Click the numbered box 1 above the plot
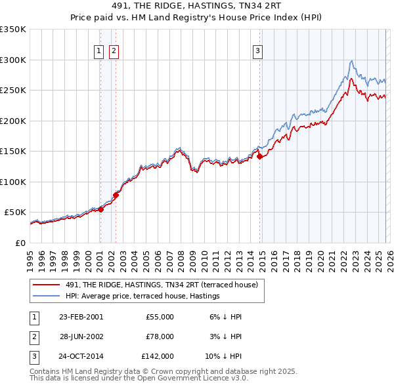tap(98, 51)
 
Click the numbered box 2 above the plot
tap(114, 51)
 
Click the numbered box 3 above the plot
tap(258, 51)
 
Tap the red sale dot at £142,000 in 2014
tap(259, 156)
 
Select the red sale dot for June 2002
tap(116, 195)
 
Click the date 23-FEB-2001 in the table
tap(81, 317)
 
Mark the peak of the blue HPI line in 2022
tap(352, 61)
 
